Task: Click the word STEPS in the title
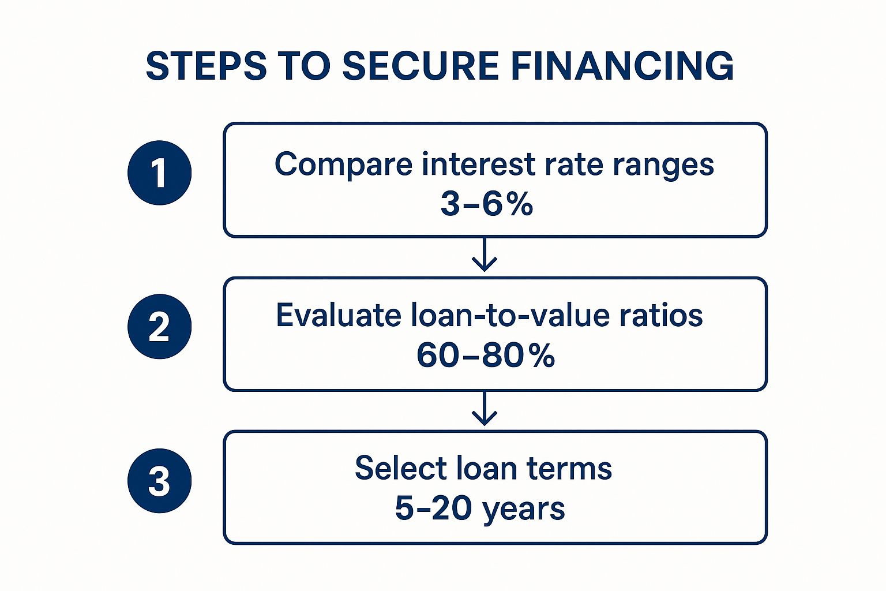[x=206, y=66]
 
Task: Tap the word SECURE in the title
[x=421, y=66]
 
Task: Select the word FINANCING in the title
[x=622, y=66]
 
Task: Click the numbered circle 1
[x=159, y=173]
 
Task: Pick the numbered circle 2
[x=159, y=327]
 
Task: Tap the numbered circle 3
[x=159, y=481]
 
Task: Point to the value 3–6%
[x=487, y=205]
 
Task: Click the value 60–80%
[x=486, y=356]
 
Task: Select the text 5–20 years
[x=480, y=508]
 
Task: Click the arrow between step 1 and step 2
[x=485, y=254]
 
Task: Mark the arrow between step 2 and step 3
[x=485, y=408]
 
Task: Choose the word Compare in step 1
[x=344, y=165]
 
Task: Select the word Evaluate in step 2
[x=339, y=315]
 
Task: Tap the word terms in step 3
[x=569, y=469]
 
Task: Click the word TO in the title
[x=304, y=66]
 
